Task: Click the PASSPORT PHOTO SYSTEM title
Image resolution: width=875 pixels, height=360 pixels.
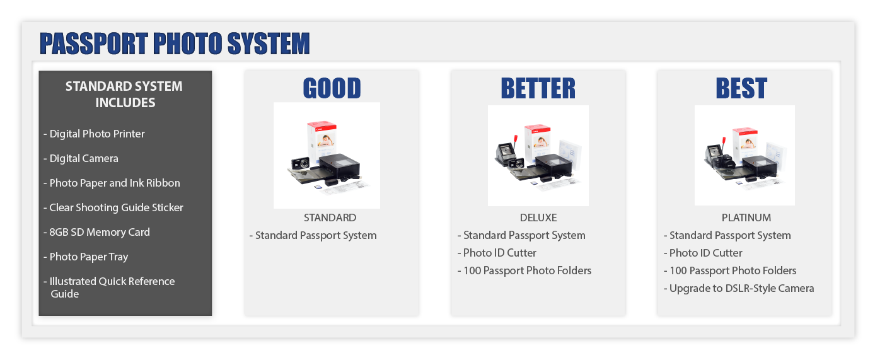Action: [175, 44]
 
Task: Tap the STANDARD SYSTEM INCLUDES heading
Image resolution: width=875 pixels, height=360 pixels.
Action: [124, 95]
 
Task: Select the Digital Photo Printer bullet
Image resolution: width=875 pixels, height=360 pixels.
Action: [95, 134]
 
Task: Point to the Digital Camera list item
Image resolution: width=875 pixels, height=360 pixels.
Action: [81, 158]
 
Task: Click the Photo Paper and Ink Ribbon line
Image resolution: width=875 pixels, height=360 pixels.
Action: [112, 183]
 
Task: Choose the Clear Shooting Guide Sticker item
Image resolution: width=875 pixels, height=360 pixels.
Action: [113, 207]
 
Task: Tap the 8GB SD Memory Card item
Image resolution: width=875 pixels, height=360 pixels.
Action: [97, 232]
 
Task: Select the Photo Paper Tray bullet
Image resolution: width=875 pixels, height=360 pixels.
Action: [86, 257]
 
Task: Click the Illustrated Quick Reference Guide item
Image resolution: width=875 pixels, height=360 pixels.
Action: [110, 287]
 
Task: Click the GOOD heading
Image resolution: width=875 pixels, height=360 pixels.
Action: [332, 88]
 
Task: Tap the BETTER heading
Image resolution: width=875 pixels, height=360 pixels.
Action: [538, 88]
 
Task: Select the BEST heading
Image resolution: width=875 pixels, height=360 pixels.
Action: [741, 88]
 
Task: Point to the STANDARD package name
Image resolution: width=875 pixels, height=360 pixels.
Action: [330, 218]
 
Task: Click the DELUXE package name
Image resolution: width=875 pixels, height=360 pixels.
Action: [538, 218]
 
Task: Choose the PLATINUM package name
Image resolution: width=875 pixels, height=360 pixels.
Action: [746, 218]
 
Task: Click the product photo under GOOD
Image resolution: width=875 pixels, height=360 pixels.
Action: [327, 156]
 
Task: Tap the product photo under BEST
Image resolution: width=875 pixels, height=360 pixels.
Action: [745, 156]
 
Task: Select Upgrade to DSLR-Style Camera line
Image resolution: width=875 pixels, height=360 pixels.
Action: [739, 288]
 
